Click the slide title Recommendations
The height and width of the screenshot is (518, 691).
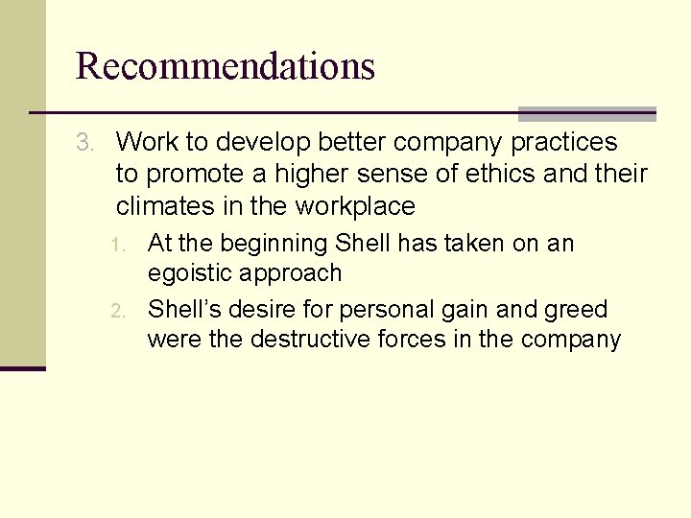[x=225, y=66]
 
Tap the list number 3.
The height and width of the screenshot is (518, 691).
[x=85, y=143]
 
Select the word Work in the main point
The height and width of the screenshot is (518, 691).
[x=147, y=143]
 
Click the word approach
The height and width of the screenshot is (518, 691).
[x=297, y=273]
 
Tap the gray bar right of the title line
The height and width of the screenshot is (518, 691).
[x=586, y=114]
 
